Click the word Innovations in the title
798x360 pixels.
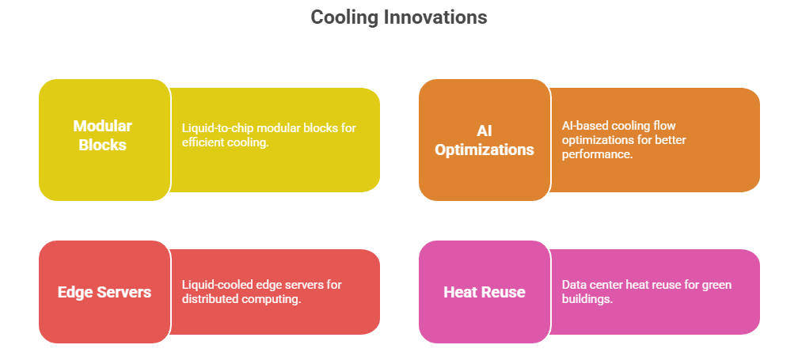(435, 17)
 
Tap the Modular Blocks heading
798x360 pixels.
(103, 135)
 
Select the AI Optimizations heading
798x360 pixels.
(484, 140)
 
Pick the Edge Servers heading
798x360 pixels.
(104, 292)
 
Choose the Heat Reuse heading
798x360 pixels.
(484, 292)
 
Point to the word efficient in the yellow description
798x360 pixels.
(201, 143)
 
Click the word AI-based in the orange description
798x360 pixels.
(583, 125)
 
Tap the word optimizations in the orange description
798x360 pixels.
(592, 140)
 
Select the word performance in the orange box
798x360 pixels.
(595, 154)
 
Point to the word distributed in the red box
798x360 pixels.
(207, 298)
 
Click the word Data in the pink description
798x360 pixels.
(572, 284)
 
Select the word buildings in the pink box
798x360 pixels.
(587, 298)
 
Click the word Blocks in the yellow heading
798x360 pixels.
(103, 145)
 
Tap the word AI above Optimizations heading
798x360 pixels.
(484, 131)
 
